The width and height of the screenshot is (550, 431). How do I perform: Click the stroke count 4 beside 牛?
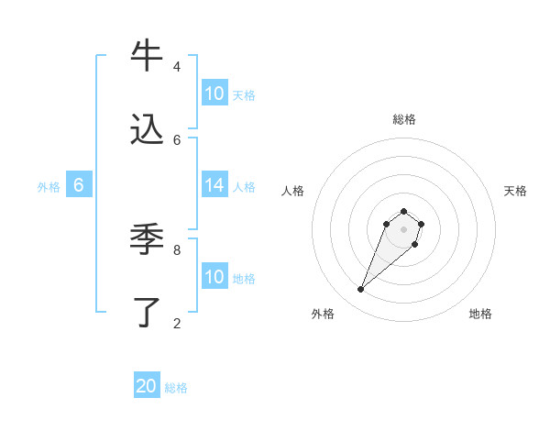(x=176, y=67)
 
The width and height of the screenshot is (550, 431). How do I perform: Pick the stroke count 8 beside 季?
(x=176, y=249)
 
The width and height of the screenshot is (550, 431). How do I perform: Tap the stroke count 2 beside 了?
(x=176, y=323)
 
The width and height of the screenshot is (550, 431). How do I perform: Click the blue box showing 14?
(x=214, y=185)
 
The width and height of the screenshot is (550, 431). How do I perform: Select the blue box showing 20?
(x=147, y=386)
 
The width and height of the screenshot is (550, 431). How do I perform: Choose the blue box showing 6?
(x=79, y=185)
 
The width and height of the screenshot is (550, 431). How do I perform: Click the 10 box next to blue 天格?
(x=214, y=94)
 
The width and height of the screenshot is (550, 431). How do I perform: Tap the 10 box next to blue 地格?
(x=214, y=277)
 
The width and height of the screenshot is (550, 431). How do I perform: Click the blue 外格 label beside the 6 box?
(x=49, y=187)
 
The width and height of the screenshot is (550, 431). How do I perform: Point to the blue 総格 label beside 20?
(x=176, y=388)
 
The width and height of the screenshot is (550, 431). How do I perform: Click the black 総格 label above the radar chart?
(x=403, y=119)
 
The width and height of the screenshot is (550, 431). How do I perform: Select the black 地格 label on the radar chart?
(x=480, y=314)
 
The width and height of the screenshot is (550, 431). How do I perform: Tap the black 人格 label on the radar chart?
(x=292, y=191)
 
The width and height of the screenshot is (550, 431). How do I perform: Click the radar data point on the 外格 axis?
(x=361, y=290)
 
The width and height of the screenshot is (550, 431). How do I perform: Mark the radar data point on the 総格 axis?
(x=403, y=212)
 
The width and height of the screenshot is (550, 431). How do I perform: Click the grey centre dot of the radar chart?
(x=403, y=229)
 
